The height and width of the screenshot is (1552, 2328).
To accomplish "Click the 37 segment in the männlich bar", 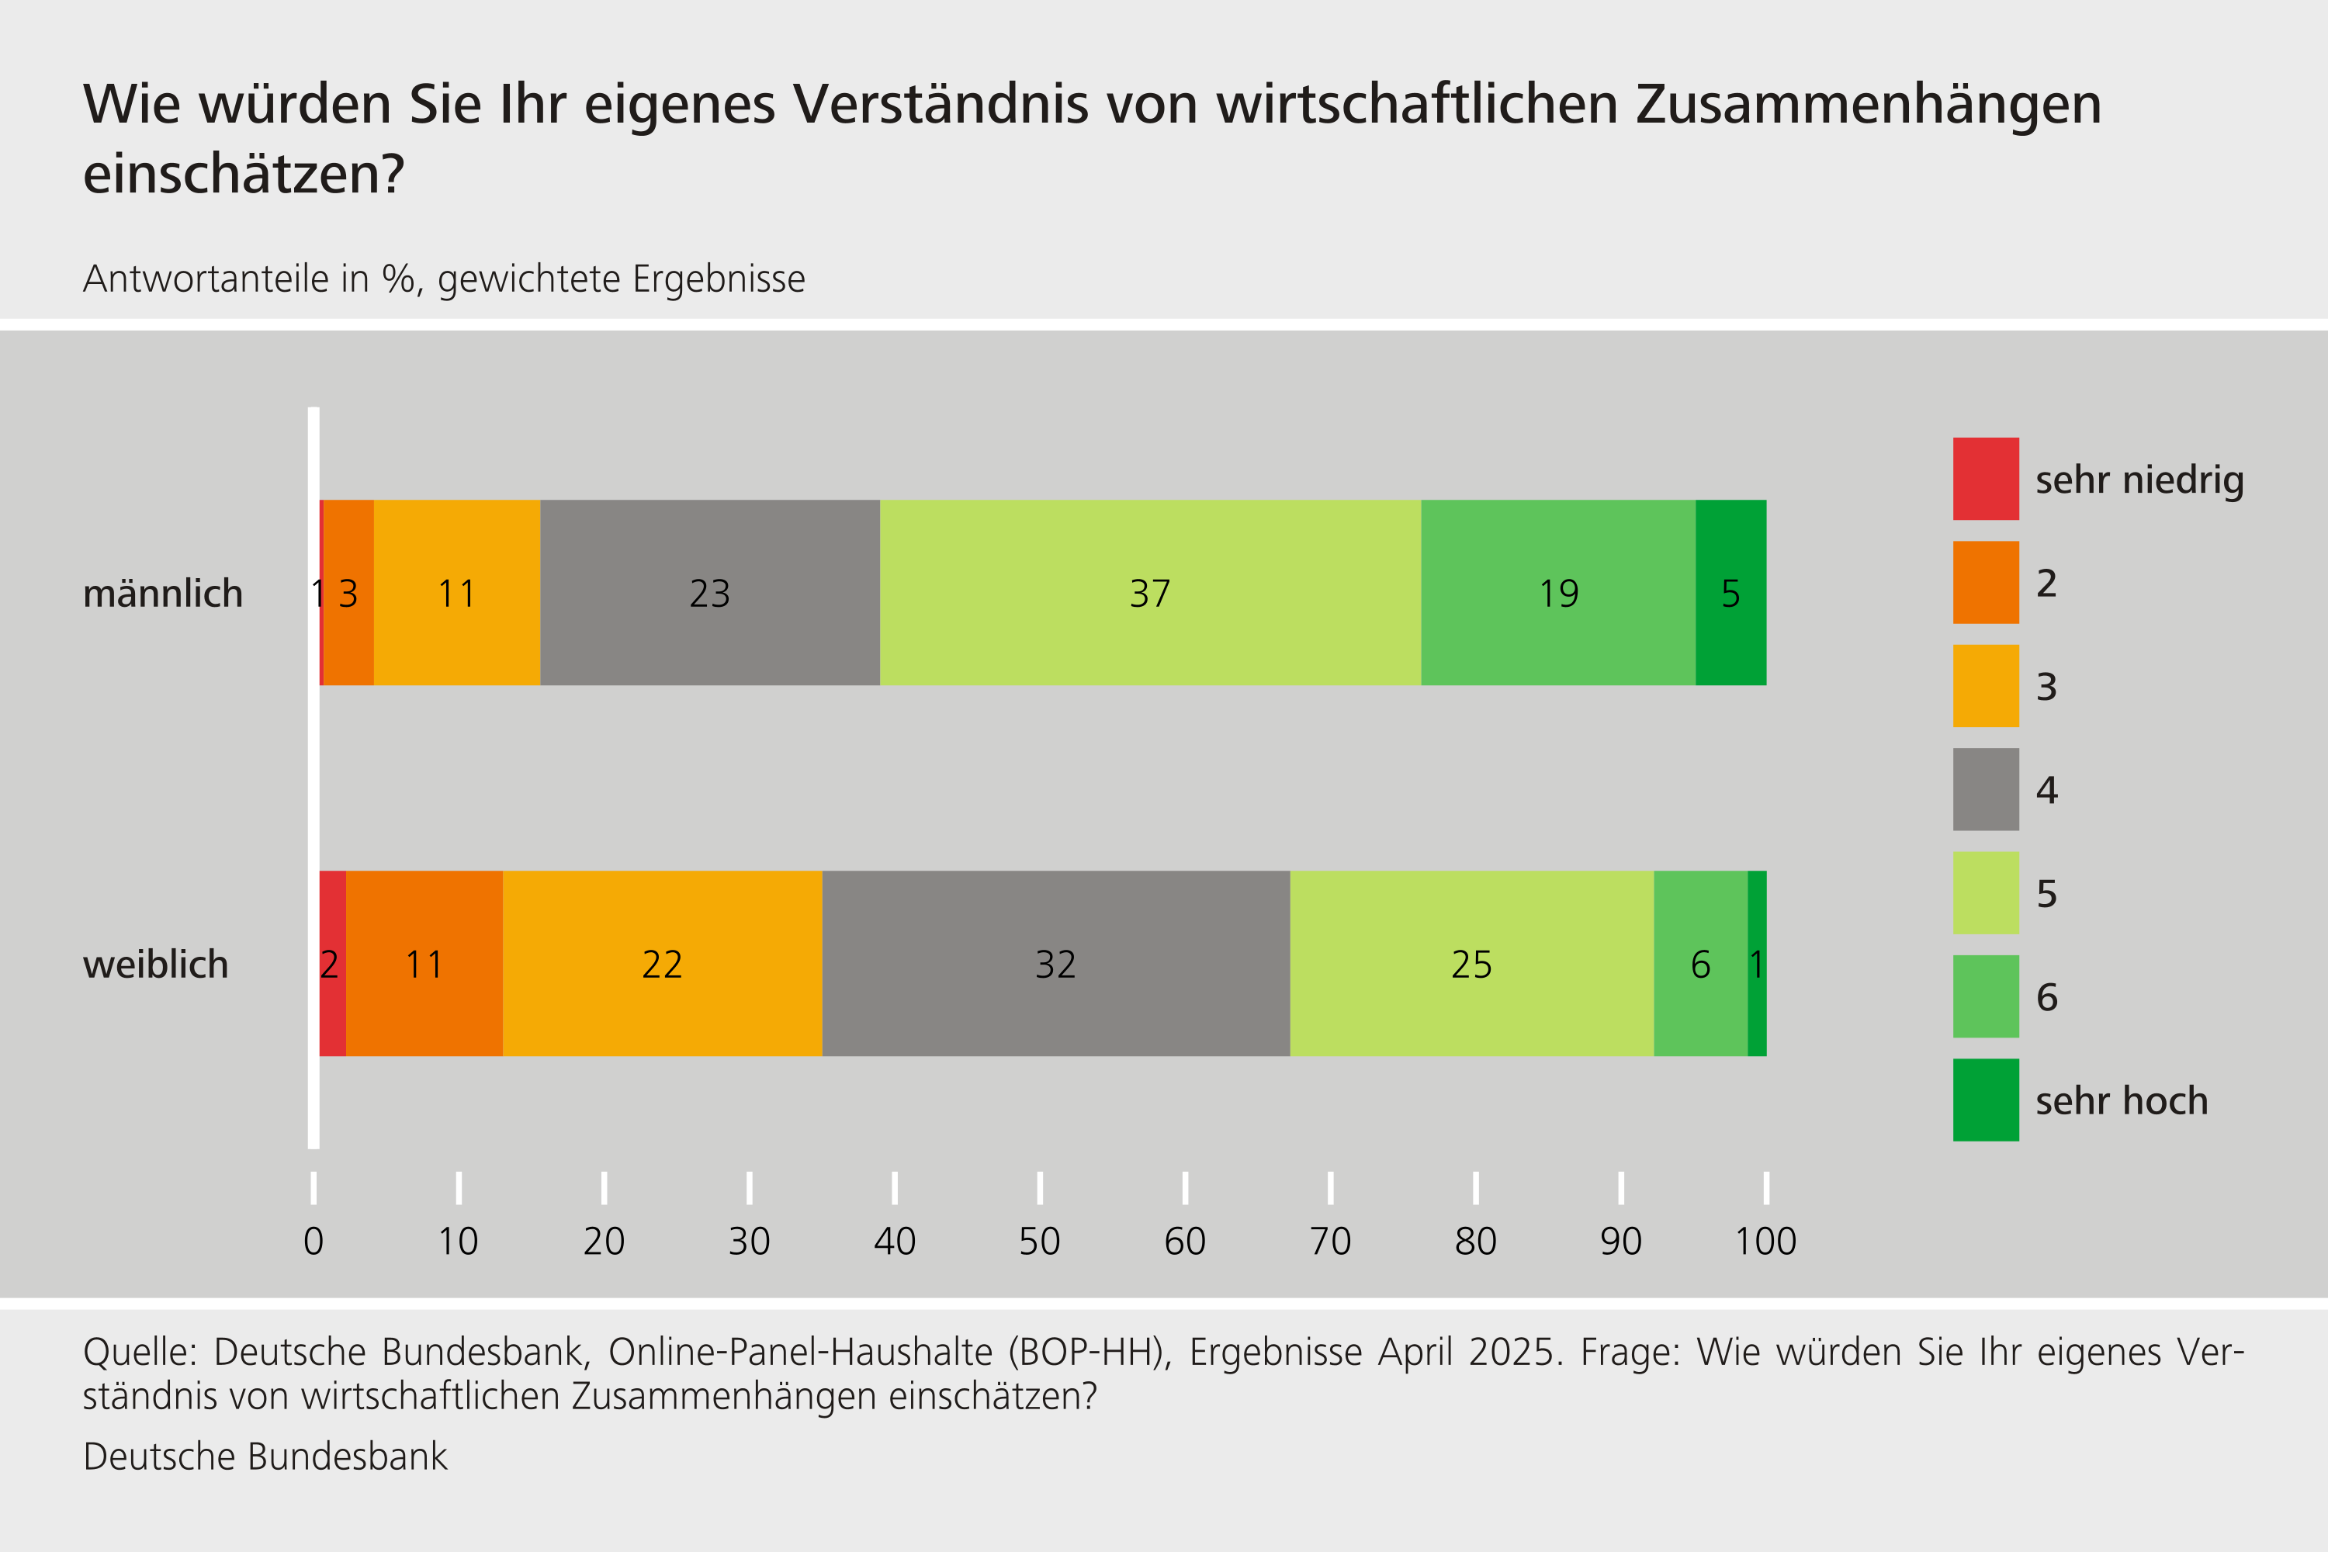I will [1150, 593].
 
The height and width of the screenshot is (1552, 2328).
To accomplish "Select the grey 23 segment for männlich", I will [710, 593].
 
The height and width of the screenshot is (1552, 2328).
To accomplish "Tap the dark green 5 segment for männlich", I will [1730, 593].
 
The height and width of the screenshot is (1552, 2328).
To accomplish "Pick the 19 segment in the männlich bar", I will [1558, 593].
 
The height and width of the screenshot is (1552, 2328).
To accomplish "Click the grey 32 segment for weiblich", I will [1055, 963].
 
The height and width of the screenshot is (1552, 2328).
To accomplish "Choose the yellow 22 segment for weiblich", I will [662, 963].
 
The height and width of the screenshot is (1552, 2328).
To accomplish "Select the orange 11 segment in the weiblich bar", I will [424, 963].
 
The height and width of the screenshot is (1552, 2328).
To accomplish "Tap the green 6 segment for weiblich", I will [1699, 963].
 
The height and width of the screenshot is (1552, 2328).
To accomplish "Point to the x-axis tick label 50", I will [1039, 1241].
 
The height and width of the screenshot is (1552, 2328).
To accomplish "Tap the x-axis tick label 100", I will [1766, 1241].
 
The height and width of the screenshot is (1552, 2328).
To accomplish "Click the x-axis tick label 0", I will [314, 1241].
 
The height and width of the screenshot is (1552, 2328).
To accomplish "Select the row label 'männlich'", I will [163, 593].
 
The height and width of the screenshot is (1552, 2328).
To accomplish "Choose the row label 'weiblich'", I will [155, 964].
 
